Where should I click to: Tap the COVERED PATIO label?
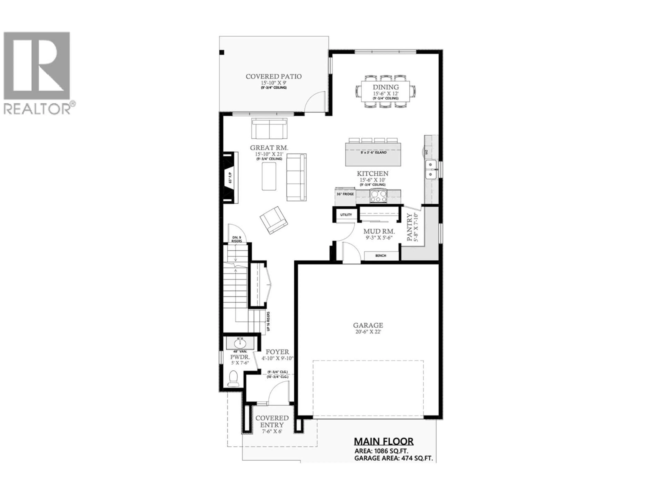(x=274, y=77)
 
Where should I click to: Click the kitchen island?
(x=373, y=154)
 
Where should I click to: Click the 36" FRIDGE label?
(x=345, y=194)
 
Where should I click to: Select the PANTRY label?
(x=409, y=227)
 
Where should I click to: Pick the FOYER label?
(x=277, y=352)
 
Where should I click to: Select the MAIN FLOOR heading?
(x=384, y=442)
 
